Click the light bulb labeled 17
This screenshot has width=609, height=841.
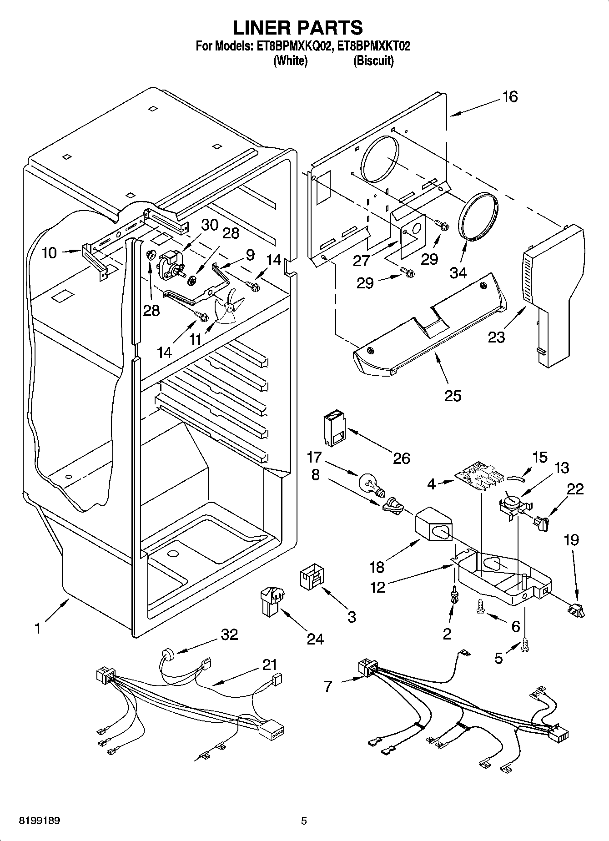click(371, 483)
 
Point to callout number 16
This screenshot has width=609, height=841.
click(510, 97)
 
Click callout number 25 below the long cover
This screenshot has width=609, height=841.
click(453, 395)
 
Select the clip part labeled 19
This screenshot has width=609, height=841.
click(576, 609)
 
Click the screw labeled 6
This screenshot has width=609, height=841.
click(481, 606)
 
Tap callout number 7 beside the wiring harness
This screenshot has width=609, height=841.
click(328, 686)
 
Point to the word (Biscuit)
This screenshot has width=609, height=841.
click(373, 60)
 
